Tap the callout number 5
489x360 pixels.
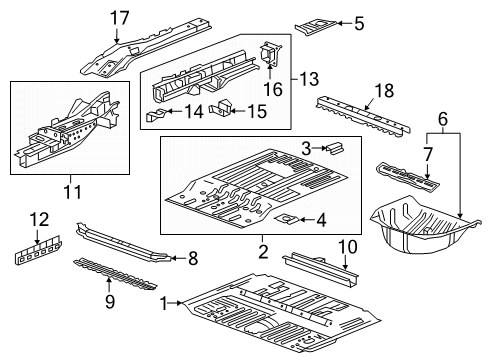tap(359, 22)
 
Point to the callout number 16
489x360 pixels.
tap(272, 90)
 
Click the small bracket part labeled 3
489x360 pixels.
tap(336, 148)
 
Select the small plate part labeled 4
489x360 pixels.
tap(286, 220)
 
